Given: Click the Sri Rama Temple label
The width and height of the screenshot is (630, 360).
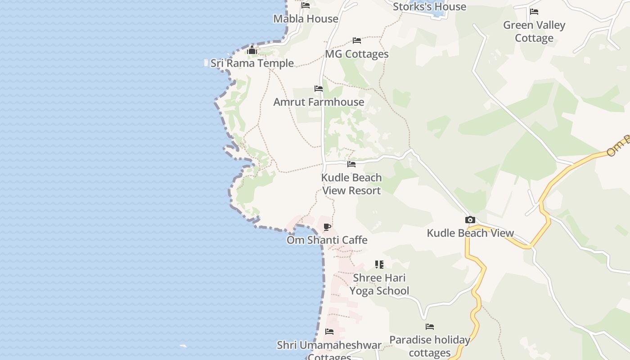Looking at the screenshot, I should (252, 63).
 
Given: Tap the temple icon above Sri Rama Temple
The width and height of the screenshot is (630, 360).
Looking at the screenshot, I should (252, 50).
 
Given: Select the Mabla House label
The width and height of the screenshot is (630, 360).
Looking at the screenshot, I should (306, 19).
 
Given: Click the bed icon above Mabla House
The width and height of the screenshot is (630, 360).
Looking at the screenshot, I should (306, 5).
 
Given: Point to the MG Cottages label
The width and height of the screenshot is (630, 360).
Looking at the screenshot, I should (357, 54).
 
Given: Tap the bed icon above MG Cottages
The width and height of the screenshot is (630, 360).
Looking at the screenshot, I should (357, 40).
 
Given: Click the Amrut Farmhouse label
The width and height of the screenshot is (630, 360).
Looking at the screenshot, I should (319, 102).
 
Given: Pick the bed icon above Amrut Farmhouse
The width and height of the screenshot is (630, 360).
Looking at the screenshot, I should (319, 89).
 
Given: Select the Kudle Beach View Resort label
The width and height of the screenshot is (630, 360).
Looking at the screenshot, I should (351, 184).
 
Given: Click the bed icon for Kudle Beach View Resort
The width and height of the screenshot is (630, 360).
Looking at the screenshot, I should (351, 164).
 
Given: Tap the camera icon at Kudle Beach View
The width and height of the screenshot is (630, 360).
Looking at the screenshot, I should (470, 220).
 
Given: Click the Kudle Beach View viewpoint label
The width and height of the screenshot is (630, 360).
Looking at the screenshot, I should (470, 233).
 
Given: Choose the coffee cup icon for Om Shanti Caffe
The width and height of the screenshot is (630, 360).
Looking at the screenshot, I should (327, 227).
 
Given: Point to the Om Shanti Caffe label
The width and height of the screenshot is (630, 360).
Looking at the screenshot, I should (327, 240).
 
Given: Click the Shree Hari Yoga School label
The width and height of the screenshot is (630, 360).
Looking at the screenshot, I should (379, 284).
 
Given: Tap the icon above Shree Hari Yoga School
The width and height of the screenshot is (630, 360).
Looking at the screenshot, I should (379, 265).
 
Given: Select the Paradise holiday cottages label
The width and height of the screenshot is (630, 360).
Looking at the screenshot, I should (430, 346).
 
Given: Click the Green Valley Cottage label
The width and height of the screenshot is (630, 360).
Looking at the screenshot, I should (534, 31).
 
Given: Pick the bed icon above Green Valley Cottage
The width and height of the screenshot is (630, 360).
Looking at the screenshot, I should (534, 12).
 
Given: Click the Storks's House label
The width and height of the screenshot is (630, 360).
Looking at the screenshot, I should (429, 7).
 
